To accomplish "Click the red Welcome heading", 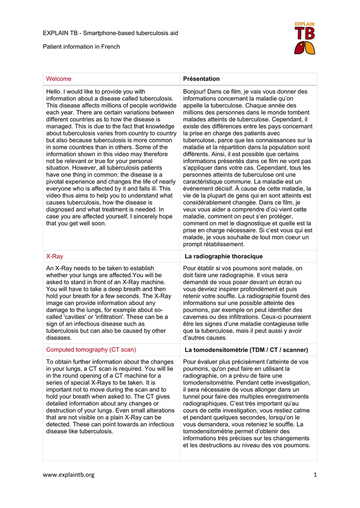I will pyautogui.click(x=59, y=79).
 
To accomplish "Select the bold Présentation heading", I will pyautogui.click(x=201, y=79).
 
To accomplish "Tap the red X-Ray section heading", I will pyautogui.click(x=55, y=256).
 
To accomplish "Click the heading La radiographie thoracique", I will pyautogui.click(x=223, y=256).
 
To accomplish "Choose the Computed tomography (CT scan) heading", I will pyautogui.click(x=91, y=350).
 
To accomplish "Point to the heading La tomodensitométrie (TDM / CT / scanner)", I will pyautogui.click(x=246, y=350).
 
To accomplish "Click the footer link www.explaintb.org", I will pyautogui.click(x=68, y=475).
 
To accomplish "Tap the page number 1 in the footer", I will pyautogui.click(x=315, y=475).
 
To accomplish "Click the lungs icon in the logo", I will pyautogui.click(x=304, y=48).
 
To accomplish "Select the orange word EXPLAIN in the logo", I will pyautogui.click(x=304, y=24).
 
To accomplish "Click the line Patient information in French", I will pyautogui.click(x=81, y=47).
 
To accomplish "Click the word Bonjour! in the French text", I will pyautogui.click(x=196, y=92).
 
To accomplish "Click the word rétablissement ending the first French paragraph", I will pyautogui.click(x=221, y=245).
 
